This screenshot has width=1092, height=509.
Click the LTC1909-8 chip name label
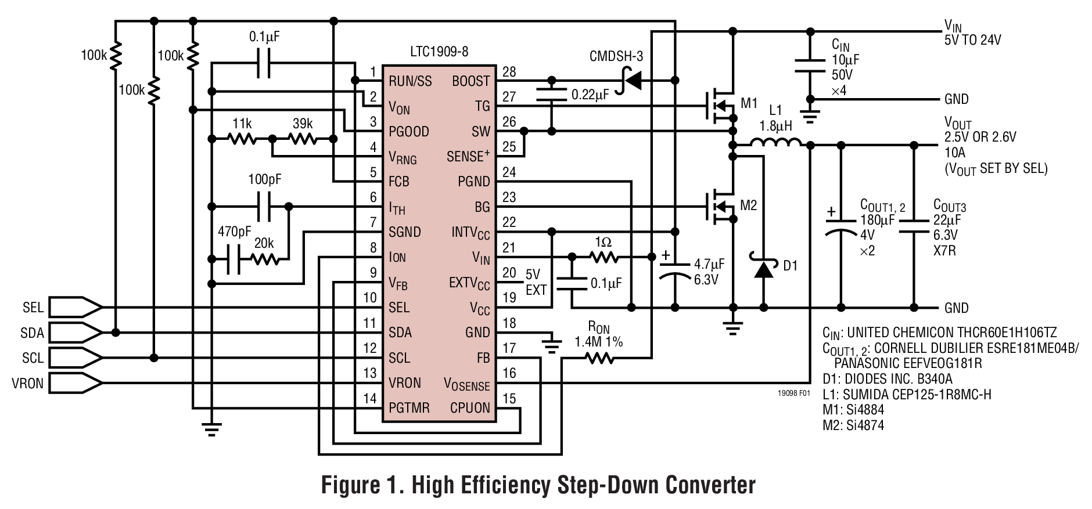pos(439,52)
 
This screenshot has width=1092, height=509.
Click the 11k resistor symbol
pos(242,139)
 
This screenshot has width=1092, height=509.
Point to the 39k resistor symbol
pos(303,139)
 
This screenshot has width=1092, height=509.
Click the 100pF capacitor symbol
pos(264,207)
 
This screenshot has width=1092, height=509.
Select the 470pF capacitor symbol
pos(232,259)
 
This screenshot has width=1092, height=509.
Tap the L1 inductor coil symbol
pos(775,143)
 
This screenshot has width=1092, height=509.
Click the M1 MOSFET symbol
pos(720,106)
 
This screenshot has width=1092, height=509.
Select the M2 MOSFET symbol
pos(720,206)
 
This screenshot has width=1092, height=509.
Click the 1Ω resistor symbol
pos(604,257)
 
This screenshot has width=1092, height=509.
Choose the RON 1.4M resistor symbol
pos(599,359)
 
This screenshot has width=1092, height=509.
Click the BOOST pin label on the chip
pos(470,81)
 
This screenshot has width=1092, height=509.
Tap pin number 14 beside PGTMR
pos(370,399)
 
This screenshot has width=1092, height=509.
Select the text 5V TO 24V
pos(972,40)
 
